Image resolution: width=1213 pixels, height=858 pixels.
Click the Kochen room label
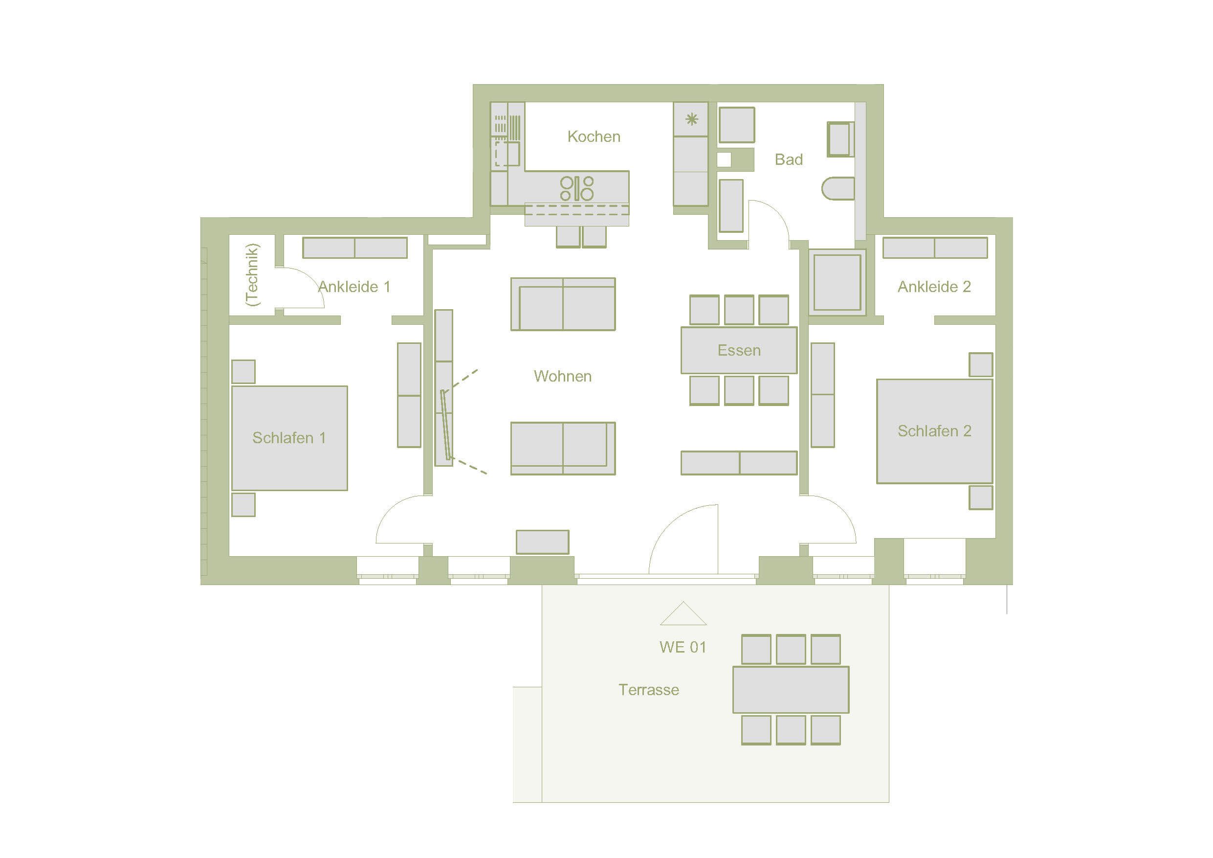(x=594, y=136)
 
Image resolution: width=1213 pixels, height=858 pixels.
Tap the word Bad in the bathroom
(x=789, y=159)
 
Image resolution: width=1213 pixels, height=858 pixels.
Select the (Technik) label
(x=252, y=275)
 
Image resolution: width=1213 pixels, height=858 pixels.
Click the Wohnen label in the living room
(x=563, y=376)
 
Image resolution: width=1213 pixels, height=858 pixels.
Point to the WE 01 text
(x=683, y=647)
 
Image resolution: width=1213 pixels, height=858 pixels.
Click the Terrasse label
(x=649, y=690)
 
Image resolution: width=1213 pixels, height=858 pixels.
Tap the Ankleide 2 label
(x=934, y=287)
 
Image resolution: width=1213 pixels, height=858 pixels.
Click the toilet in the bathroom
(x=838, y=189)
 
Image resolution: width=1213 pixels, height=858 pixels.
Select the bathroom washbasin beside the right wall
(x=840, y=139)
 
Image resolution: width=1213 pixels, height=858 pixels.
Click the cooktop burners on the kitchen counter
(x=577, y=189)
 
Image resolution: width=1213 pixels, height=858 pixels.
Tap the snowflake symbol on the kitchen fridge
(x=691, y=119)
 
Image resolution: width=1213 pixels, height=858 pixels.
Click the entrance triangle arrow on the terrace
(x=683, y=613)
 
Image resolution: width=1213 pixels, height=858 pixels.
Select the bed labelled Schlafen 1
(x=289, y=438)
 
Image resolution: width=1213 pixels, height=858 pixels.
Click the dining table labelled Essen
(x=739, y=350)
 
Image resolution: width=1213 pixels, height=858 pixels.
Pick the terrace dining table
(x=791, y=690)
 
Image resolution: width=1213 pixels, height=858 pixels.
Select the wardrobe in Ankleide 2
(x=935, y=248)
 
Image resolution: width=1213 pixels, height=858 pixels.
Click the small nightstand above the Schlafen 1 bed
(x=243, y=372)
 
